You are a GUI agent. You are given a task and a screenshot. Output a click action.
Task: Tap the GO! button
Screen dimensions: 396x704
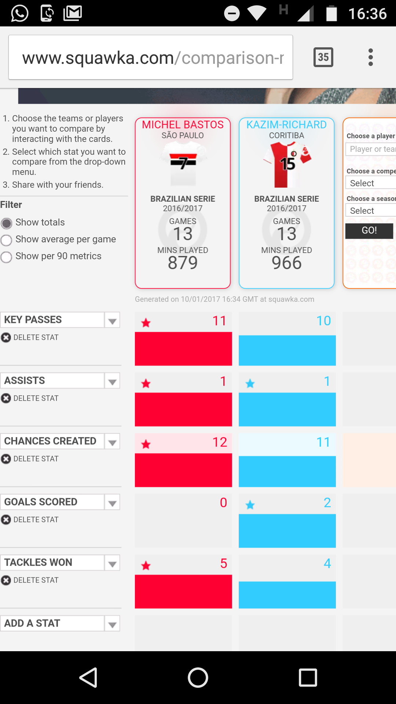[369, 231]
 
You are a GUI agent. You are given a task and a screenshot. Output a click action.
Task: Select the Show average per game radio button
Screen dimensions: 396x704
[6, 240]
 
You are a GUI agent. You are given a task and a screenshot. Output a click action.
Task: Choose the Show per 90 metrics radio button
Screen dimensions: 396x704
[6, 257]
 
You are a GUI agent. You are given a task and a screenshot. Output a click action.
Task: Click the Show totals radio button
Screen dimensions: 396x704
[6, 223]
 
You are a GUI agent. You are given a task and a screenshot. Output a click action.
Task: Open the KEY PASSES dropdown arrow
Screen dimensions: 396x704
[112, 320]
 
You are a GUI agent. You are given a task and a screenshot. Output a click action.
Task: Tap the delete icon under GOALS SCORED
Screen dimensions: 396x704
[6, 520]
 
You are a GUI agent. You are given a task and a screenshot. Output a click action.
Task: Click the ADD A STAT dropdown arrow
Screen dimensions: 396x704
[112, 624]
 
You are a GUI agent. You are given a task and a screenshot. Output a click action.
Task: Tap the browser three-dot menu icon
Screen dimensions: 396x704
[371, 57]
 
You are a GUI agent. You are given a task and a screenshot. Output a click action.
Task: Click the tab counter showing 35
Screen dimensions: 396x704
[323, 57]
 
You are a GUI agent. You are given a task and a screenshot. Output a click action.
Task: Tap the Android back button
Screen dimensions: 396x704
[88, 677]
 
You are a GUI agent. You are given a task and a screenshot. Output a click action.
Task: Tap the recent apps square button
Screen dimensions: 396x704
[308, 677]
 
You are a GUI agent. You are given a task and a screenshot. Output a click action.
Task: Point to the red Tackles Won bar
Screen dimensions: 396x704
[183, 591]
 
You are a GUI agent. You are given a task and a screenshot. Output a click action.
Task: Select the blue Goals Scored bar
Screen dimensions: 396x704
[287, 531]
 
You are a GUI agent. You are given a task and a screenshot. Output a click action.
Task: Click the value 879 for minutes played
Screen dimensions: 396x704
[183, 263]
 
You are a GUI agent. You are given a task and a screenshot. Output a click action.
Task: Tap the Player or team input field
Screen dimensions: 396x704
[371, 149]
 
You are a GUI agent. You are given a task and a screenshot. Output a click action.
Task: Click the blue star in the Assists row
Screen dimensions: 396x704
[250, 384]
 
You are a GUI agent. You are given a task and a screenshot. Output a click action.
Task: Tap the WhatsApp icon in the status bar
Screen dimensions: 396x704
[20, 14]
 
